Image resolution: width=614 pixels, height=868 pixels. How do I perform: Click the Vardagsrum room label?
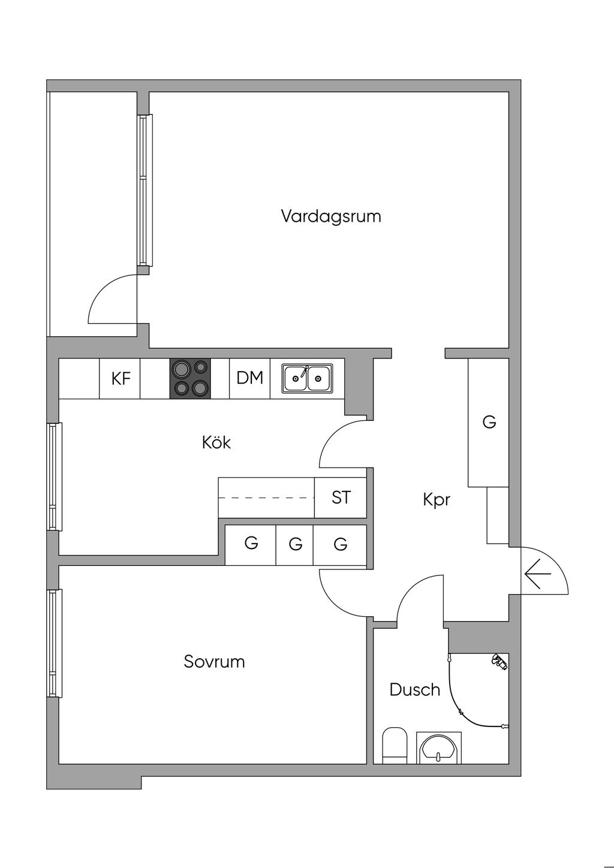coord(330,216)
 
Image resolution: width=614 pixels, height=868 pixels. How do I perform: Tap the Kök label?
coord(216,442)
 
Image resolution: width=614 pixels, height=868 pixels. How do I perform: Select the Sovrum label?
coord(214,662)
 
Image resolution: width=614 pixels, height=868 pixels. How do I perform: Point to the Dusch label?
coord(414,689)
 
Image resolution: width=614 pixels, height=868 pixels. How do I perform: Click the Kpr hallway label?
coord(436,499)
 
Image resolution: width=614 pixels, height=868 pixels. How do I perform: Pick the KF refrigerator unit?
coord(120,378)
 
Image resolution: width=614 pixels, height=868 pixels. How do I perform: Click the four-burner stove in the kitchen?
coord(191,378)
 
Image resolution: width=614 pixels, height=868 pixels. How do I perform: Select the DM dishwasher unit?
coord(250,378)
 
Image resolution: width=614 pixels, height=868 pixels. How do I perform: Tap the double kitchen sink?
coord(307,378)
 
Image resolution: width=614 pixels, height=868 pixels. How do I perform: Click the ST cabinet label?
coord(341,498)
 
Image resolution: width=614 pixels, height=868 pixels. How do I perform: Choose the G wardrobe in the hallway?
coord(489,422)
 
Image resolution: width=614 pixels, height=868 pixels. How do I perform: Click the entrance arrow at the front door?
coord(537,575)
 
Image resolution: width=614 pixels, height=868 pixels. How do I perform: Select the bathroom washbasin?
coord(439,747)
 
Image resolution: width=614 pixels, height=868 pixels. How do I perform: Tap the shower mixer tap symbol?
coord(499,661)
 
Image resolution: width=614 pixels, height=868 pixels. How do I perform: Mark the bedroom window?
coord(55,643)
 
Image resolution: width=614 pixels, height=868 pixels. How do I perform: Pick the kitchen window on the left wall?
coord(55,477)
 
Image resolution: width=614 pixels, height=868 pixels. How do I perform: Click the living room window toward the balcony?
coord(144,190)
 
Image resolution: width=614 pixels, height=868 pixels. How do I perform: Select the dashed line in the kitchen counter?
coord(266,498)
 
